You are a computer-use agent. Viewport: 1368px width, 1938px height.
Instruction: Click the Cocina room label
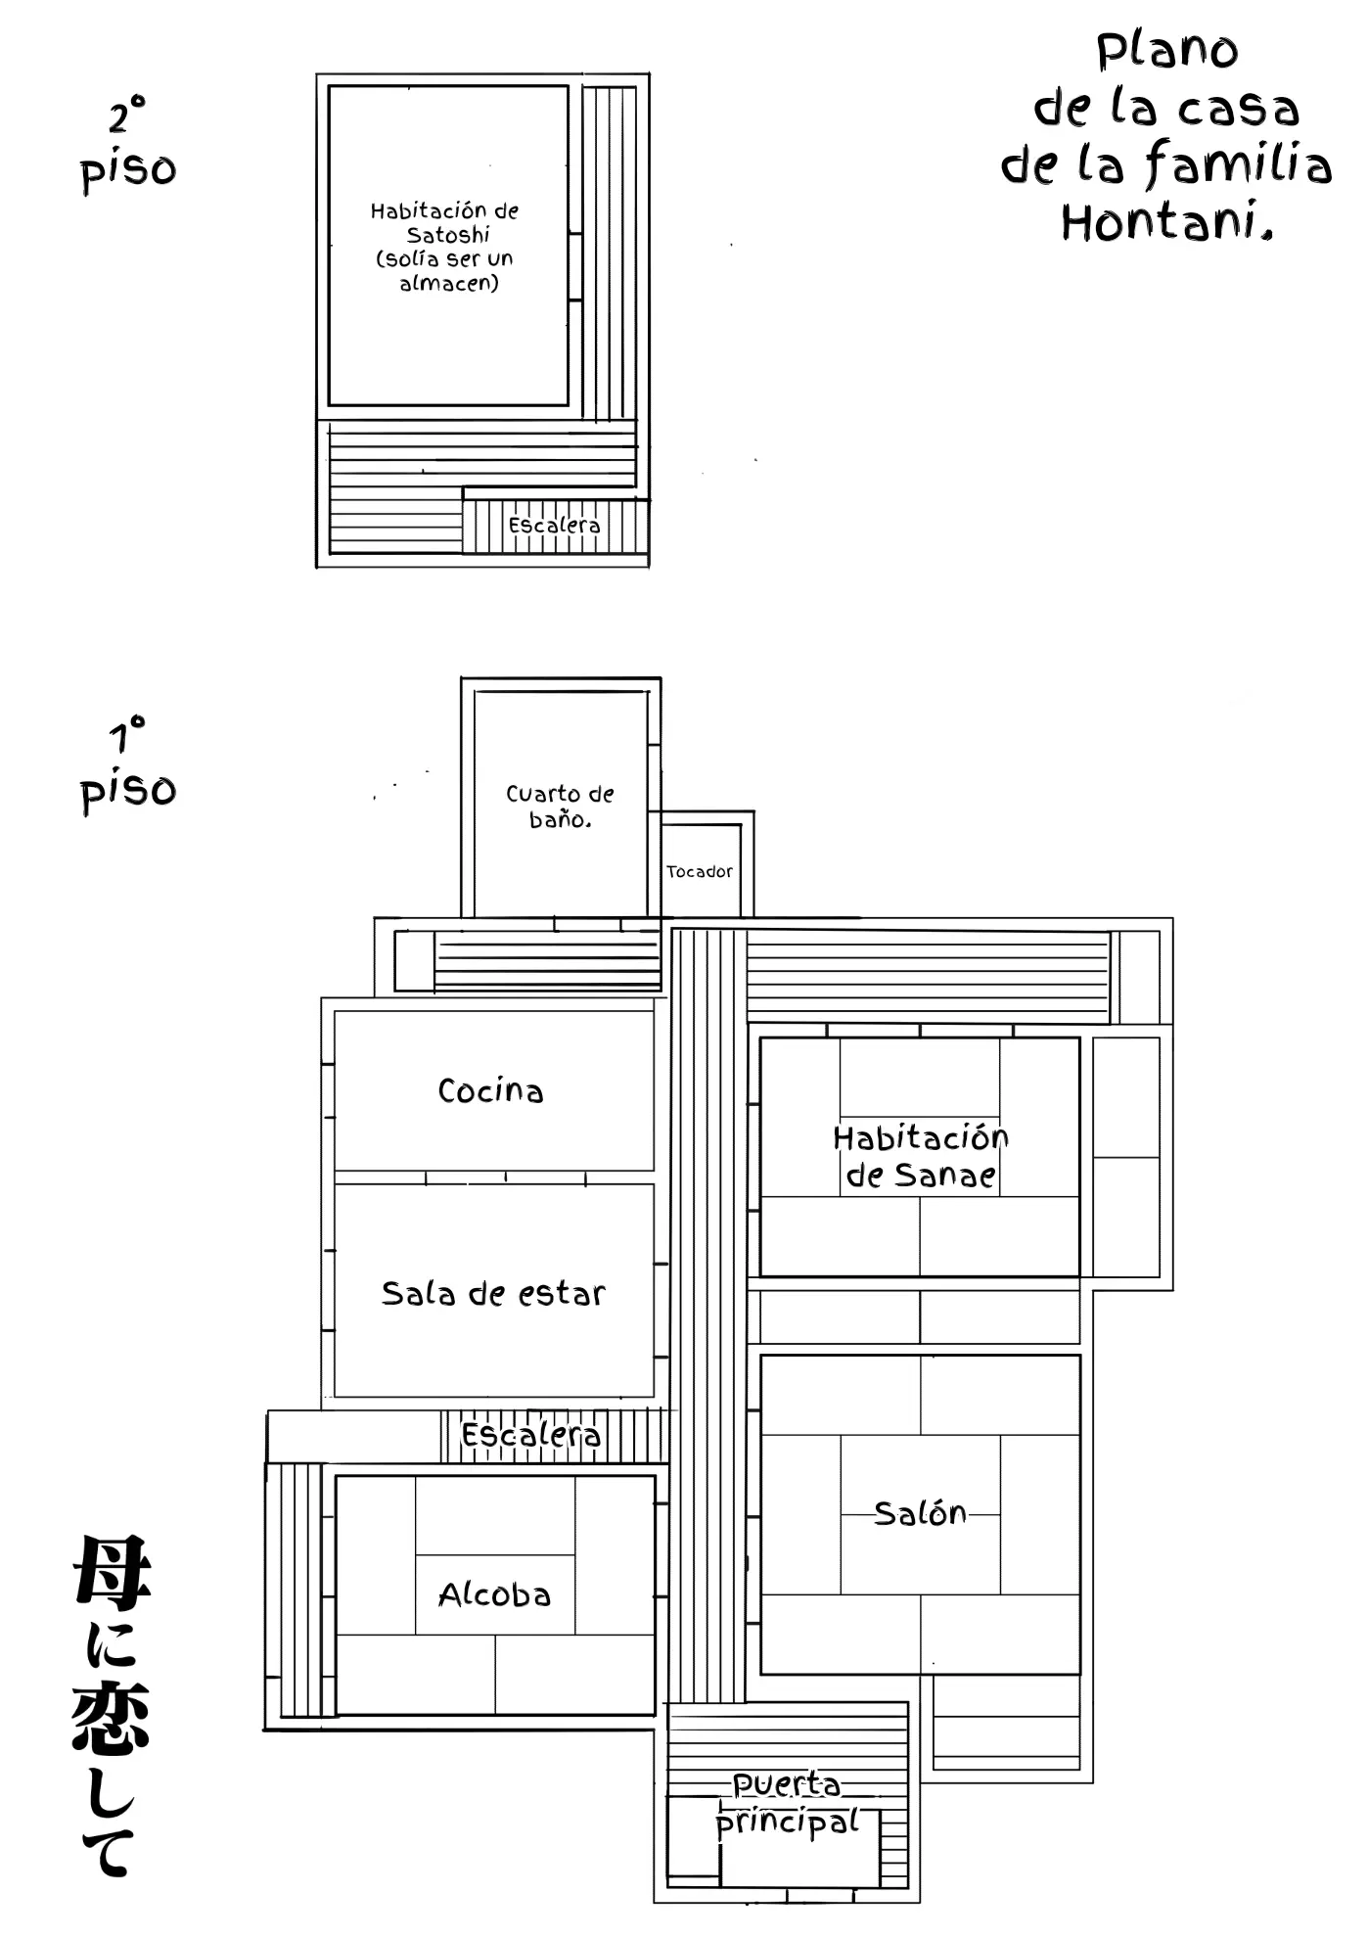[x=490, y=1090]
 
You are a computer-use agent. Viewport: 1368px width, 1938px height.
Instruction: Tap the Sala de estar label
[x=493, y=1293]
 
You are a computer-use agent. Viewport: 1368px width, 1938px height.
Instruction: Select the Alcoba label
[x=494, y=1594]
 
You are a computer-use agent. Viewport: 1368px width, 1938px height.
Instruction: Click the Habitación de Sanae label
[x=921, y=1156]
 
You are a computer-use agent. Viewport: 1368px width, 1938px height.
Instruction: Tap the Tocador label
[x=700, y=871]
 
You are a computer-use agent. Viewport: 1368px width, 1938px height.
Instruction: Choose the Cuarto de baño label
[x=560, y=807]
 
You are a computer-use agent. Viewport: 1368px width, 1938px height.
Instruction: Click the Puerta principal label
[x=788, y=1803]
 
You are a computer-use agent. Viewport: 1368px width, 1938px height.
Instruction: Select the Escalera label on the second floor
[x=554, y=526]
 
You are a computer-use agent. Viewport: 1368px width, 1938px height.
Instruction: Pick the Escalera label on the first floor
[x=530, y=1435]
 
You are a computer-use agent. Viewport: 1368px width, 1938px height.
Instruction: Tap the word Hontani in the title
[x=1167, y=221]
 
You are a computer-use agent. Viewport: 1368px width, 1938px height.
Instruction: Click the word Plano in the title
[x=1167, y=51]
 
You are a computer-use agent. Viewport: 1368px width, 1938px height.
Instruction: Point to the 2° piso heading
[x=128, y=144]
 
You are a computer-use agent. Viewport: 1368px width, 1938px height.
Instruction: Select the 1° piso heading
[x=128, y=764]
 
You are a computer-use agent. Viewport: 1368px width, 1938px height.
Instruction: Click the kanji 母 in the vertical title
[x=112, y=1572]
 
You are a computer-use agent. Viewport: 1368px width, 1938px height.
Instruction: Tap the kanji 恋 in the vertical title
[x=111, y=1719]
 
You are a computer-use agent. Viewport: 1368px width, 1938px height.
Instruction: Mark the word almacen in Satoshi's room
[x=449, y=283]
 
